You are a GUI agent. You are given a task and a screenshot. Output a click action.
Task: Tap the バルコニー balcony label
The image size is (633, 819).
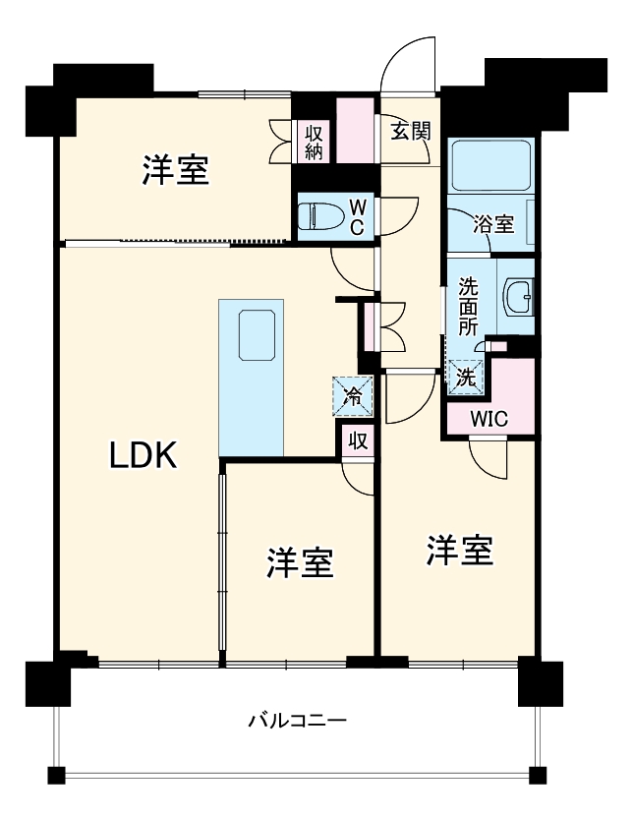click(x=296, y=721)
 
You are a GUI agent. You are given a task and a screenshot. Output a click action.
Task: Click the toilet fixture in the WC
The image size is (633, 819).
click(x=321, y=215)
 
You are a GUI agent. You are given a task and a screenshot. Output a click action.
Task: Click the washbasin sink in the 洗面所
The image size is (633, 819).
click(x=518, y=293)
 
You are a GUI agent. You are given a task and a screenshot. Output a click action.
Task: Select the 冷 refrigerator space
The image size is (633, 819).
click(x=354, y=396)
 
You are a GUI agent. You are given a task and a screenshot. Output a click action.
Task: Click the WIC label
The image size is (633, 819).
click(x=489, y=417)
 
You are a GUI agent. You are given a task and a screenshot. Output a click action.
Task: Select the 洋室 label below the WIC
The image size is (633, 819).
click(x=459, y=551)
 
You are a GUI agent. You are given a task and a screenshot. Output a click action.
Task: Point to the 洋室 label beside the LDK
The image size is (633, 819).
click(x=300, y=562)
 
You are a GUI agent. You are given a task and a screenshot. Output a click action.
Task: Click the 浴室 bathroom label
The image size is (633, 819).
click(x=493, y=223)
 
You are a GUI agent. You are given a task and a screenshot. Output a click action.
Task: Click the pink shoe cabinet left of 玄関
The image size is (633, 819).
click(x=354, y=130)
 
